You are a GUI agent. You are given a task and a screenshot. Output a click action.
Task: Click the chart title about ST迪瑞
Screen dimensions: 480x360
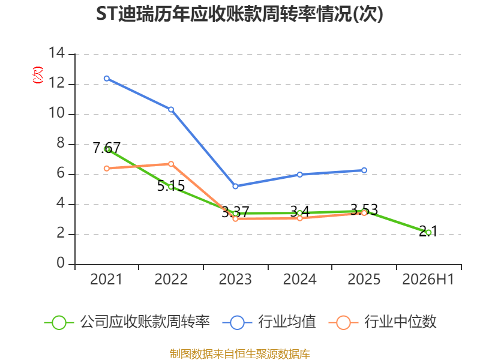click(x=239, y=14)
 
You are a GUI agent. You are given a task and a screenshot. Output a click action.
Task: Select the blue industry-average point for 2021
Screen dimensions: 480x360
click(x=107, y=79)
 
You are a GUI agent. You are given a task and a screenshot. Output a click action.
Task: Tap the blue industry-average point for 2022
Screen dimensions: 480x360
click(x=171, y=110)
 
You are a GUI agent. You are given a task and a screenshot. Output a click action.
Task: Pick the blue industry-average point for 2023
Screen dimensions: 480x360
click(x=235, y=186)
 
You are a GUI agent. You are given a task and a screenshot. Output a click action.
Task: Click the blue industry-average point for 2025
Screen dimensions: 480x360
click(x=364, y=170)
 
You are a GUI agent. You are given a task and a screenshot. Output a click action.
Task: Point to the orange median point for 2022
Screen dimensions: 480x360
click(x=171, y=164)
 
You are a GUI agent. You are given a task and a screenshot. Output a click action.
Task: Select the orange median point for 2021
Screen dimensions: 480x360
click(x=107, y=169)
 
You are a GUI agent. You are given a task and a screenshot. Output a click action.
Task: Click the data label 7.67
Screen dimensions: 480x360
click(x=107, y=148)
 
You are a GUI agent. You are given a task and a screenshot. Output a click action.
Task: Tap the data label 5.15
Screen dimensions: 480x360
click(x=171, y=186)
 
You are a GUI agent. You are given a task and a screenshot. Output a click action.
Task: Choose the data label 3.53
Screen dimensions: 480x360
click(x=364, y=209)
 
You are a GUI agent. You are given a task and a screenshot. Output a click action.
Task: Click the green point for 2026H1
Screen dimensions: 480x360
click(x=428, y=233)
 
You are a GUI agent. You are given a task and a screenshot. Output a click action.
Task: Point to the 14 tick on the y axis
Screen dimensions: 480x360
click(x=56, y=53)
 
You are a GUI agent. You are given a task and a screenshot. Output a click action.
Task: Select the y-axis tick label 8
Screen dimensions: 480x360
click(x=61, y=143)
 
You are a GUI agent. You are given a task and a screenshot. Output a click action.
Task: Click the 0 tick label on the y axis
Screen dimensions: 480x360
click(x=61, y=263)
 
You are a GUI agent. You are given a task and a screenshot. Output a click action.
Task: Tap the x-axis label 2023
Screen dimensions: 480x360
click(x=235, y=279)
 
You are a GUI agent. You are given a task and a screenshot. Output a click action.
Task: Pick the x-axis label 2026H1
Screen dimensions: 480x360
click(x=428, y=279)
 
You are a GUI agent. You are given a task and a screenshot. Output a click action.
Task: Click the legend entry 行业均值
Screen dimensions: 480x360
click(x=269, y=322)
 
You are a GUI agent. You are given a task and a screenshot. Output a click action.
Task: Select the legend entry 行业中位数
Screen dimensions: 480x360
click(x=382, y=322)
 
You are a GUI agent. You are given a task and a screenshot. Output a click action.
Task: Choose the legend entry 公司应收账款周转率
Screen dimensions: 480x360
click(x=127, y=322)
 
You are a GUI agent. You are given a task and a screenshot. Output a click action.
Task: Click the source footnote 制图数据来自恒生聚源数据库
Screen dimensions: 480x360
click(x=240, y=354)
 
